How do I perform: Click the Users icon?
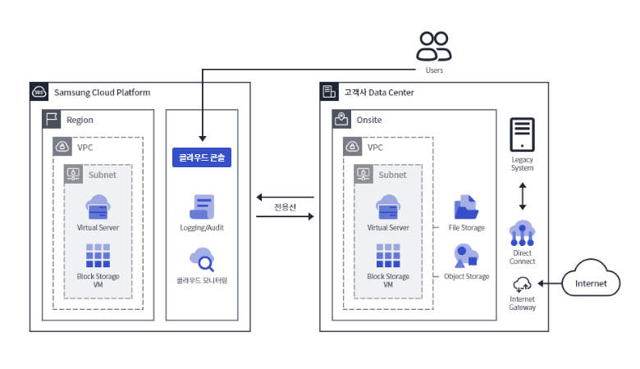433,46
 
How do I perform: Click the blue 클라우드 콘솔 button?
202,157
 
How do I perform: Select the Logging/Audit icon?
202,207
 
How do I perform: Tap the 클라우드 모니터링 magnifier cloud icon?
202,259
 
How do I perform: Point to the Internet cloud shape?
591,283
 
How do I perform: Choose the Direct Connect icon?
523,234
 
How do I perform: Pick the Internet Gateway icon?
522,285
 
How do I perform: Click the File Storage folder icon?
466,207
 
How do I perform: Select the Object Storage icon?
466,256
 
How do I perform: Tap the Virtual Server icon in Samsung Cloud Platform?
98,207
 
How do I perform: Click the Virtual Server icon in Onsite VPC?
388,207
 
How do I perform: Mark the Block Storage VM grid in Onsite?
388,256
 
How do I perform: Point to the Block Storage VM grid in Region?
98,256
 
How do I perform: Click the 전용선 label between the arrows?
285,207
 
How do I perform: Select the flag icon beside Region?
51,120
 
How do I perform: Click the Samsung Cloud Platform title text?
102,93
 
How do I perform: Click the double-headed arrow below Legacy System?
523,197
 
